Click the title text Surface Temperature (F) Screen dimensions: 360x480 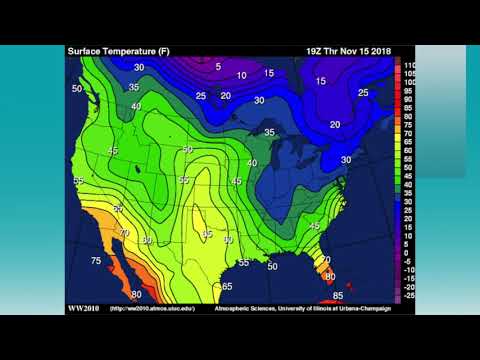point(113,50)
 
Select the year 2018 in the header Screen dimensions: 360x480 point(377,50)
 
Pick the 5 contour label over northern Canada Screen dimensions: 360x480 point(217,67)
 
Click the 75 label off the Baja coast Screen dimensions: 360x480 point(96,261)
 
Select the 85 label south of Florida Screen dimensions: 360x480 point(338,296)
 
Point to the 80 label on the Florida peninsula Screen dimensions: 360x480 point(330,276)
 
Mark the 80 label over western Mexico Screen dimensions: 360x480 point(136,295)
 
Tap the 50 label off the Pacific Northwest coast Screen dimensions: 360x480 point(77,89)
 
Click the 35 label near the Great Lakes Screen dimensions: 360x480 point(269,132)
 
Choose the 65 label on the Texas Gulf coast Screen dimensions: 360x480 point(228,286)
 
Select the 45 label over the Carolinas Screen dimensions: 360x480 point(314,226)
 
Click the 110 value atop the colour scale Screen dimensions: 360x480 point(410,65)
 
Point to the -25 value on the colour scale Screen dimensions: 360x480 point(410,297)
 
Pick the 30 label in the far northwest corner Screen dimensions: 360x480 point(139,67)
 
